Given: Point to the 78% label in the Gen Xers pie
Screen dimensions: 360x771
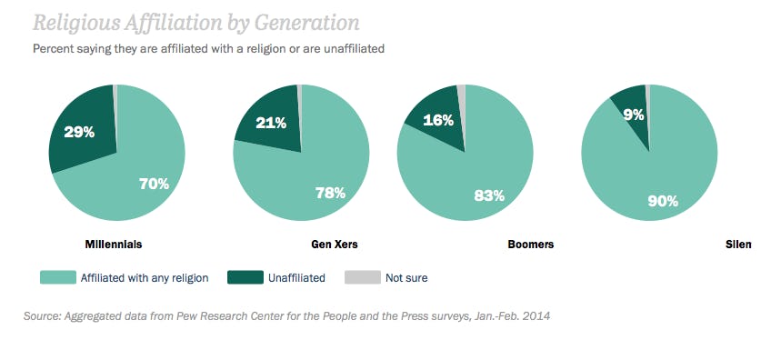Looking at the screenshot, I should pos(329,192).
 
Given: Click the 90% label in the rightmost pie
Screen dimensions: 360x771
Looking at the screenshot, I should pos(663,201).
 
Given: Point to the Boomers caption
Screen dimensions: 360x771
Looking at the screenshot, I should pos(530,245).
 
